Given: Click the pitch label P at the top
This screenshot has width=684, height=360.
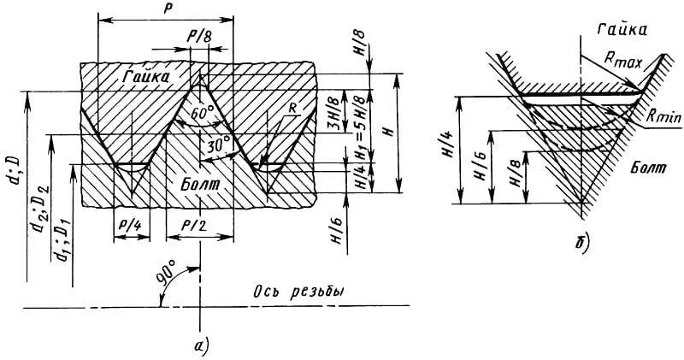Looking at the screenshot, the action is [166, 9].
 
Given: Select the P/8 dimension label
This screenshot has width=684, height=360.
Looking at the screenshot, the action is [199, 37].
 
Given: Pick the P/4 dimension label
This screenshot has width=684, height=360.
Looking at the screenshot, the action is [132, 224].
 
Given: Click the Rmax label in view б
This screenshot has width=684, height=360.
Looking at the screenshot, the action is [623, 60].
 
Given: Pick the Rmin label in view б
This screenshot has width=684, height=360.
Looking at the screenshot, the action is [663, 117].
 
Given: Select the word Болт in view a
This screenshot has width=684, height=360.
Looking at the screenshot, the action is [201, 185].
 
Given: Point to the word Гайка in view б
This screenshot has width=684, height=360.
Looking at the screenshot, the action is [623, 30].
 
